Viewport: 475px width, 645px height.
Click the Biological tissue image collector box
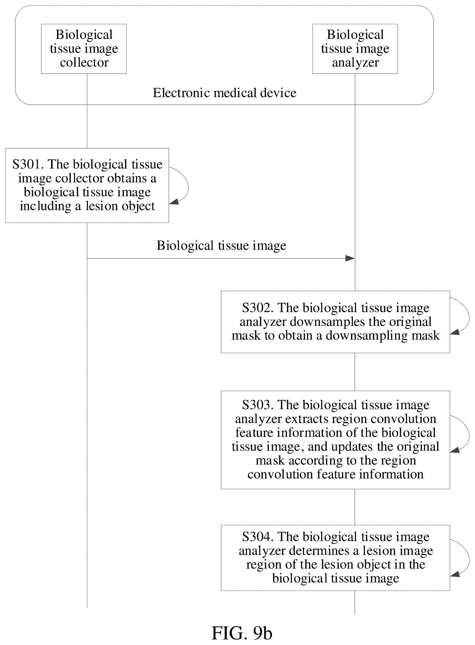click(x=84, y=49)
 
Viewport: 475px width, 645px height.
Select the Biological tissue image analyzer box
click(x=355, y=49)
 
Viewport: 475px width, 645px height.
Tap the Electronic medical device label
click(x=225, y=93)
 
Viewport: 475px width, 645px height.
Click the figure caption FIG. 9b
click(x=242, y=633)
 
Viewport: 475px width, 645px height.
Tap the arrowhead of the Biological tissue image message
click(x=350, y=258)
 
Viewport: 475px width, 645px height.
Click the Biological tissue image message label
click(x=221, y=246)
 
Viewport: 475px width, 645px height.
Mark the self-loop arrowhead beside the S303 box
click(x=455, y=450)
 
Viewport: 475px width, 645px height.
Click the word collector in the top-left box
click(x=84, y=62)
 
